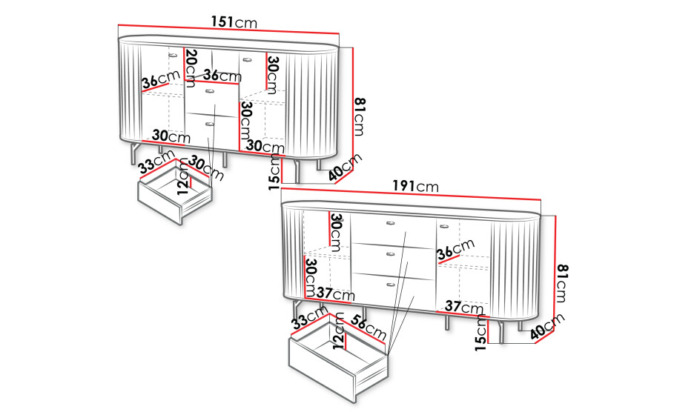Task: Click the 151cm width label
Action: click(234, 21)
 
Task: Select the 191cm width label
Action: click(416, 186)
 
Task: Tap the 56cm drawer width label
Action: click(369, 327)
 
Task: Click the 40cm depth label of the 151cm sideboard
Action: click(346, 167)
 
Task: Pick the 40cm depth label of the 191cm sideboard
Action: click(547, 327)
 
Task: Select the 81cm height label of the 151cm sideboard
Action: click(360, 117)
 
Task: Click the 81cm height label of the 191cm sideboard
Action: click(561, 284)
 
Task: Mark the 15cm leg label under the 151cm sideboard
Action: click(275, 173)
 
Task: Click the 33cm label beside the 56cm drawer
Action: click(309, 317)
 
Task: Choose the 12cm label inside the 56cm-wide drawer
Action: click(339, 331)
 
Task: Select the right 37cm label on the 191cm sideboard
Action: click(464, 307)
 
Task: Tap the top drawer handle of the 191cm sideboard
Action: click(390, 222)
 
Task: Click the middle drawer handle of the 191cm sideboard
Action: click(390, 254)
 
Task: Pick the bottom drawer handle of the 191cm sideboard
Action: click(390, 285)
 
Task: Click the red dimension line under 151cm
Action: click(228, 29)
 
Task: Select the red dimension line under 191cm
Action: click(411, 193)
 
